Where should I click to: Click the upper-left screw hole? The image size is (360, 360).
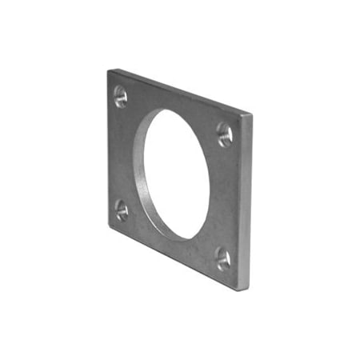tap(120, 97)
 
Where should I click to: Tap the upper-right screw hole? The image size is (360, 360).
tap(225, 134)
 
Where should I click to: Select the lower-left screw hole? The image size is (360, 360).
tap(122, 210)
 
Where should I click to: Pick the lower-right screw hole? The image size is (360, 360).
tap(223, 258)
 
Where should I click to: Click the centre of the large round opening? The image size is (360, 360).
tap(178, 174)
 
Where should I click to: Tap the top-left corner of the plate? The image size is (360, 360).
tap(108, 70)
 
